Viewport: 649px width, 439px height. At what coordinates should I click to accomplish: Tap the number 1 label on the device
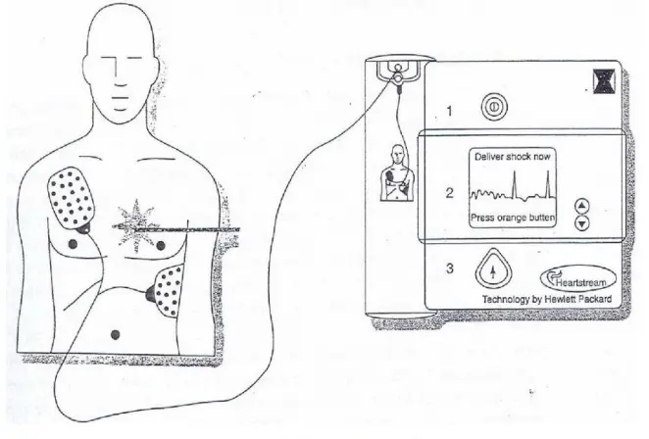[x=449, y=112]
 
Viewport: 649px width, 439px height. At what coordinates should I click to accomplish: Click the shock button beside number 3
[x=495, y=271]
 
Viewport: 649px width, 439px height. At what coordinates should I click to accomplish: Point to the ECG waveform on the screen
[x=509, y=188]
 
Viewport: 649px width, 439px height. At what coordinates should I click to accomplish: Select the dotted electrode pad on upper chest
[x=70, y=200]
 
